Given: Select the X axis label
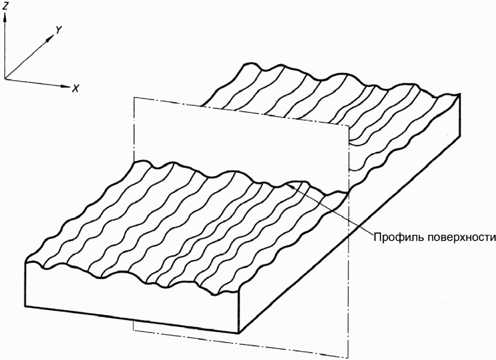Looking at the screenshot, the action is pyautogui.click(x=76, y=88).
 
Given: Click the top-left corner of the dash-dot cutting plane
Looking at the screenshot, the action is pyautogui.click(x=134, y=98).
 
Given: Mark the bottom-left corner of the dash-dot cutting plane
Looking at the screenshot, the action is pyautogui.click(x=134, y=330).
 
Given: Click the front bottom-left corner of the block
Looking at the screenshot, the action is pyautogui.click(x=25, y=307).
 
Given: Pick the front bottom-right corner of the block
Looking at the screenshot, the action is pyautogui.click(x=239, y=333).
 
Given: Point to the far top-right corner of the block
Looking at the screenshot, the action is pyautogui.click(x=460, y=94).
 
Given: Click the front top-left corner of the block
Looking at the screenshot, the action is pyautogui.click(x=25, y=263).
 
